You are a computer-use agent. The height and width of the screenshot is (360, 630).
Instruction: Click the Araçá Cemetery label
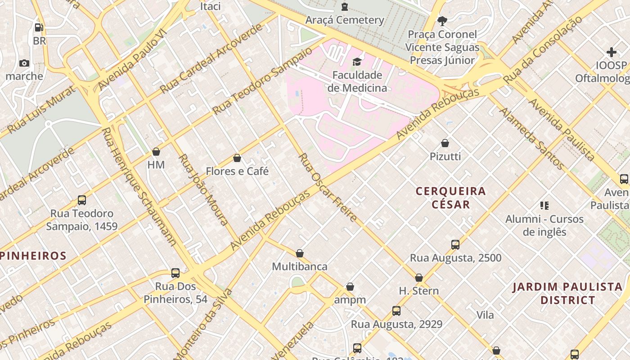(345, 20)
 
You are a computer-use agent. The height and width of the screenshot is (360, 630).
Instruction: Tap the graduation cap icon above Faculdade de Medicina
(357, 62)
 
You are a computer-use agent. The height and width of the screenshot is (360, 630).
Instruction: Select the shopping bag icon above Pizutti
(445, 143)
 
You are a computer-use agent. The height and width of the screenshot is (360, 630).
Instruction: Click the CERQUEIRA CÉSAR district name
(450, 198)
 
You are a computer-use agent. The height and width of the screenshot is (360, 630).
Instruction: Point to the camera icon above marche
(24, 63)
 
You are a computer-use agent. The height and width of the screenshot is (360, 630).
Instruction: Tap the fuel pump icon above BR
(39, 27)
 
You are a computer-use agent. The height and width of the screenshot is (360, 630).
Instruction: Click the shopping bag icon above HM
(156, 152)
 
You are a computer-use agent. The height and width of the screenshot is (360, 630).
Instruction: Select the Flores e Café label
(237, 171)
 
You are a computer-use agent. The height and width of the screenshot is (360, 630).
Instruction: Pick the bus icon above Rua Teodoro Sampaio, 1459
(82, 200)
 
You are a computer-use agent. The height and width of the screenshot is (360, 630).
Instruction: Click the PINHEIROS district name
(33, 256)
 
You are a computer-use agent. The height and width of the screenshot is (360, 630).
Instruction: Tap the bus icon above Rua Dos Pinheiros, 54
(175, 273)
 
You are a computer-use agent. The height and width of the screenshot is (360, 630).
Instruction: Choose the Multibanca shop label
(300, 266)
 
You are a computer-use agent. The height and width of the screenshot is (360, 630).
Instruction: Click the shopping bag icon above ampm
(350, 287)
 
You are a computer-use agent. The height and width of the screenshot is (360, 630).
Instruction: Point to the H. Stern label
(419, 291)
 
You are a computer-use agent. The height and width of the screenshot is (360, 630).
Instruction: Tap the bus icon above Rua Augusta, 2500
(455, 245)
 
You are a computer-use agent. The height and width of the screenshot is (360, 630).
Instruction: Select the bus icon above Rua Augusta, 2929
(396, 311)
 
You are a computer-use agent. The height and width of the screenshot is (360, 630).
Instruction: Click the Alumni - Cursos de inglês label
(544, 225)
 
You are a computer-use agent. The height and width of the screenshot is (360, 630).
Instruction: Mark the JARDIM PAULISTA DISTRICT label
(568, 293)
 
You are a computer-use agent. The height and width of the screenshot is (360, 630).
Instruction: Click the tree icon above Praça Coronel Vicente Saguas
(442, 21)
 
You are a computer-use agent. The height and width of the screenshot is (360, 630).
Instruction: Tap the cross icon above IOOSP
(611, 52)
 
